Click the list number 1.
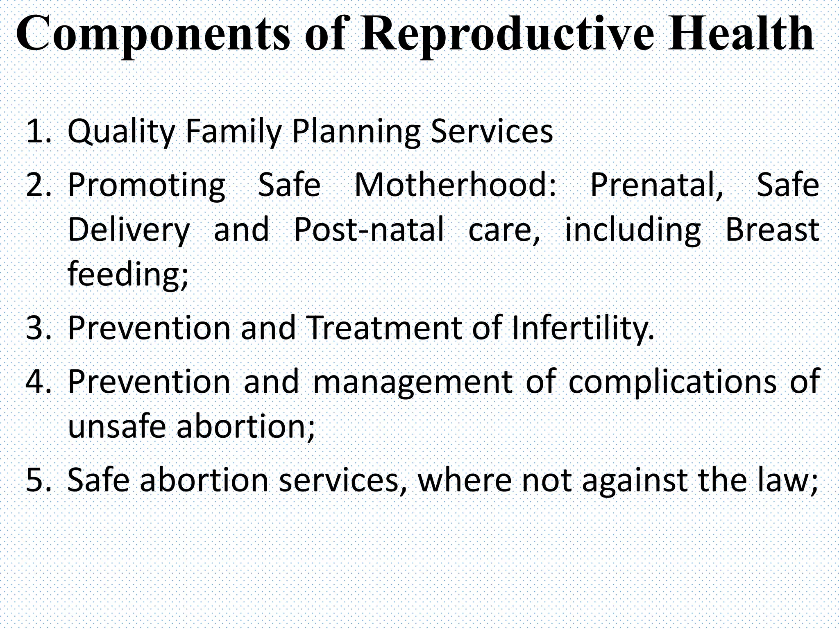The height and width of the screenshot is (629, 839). (39, 131)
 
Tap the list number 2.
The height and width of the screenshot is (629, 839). (39, 185)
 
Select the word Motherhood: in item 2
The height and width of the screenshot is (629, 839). (455, 185)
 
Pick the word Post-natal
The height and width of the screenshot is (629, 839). (369, 229)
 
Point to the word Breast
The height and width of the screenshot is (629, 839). (772, 229)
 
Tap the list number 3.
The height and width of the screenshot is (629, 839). (39, 328)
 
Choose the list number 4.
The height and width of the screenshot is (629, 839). (39, 381)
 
